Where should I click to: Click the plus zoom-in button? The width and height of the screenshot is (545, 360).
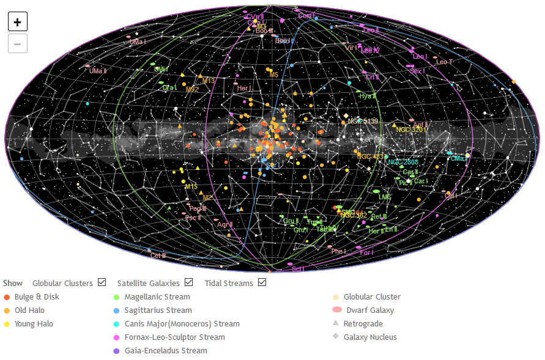pos(17,22)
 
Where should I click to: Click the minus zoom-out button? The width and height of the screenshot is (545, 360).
pos(17,43)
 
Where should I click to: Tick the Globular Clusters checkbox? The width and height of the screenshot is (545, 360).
pos(102,282)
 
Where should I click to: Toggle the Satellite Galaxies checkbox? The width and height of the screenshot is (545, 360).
pos(188,282)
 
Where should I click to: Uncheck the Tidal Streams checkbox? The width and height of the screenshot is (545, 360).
pos(262,282)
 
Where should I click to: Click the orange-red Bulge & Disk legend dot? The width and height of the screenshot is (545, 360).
pos(7,297)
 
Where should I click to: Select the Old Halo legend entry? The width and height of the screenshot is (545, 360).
pos(29,310)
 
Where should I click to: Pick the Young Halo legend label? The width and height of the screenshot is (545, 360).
pos(34,324)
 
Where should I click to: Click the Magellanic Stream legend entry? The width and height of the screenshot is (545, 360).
pos(157,297)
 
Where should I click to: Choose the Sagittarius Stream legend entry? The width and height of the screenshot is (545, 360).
pos(158,310)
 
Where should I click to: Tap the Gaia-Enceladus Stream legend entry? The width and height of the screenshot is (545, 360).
pos(166,351)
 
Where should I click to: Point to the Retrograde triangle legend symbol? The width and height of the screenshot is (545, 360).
pos(336,323)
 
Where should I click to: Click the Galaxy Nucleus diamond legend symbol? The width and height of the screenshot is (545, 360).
pos(336,337)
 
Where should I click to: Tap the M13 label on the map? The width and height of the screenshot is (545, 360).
pos(209,81)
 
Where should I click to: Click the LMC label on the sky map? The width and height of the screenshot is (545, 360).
pos(385,197)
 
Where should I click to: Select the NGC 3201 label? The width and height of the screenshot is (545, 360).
pos(411,130)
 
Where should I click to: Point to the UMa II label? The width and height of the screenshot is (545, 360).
pos(98,71)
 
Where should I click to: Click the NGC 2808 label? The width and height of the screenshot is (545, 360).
pos(403,162)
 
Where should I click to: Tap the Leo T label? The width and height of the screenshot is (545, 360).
pos(444,62)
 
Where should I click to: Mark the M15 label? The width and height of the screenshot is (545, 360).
pos(191,186)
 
